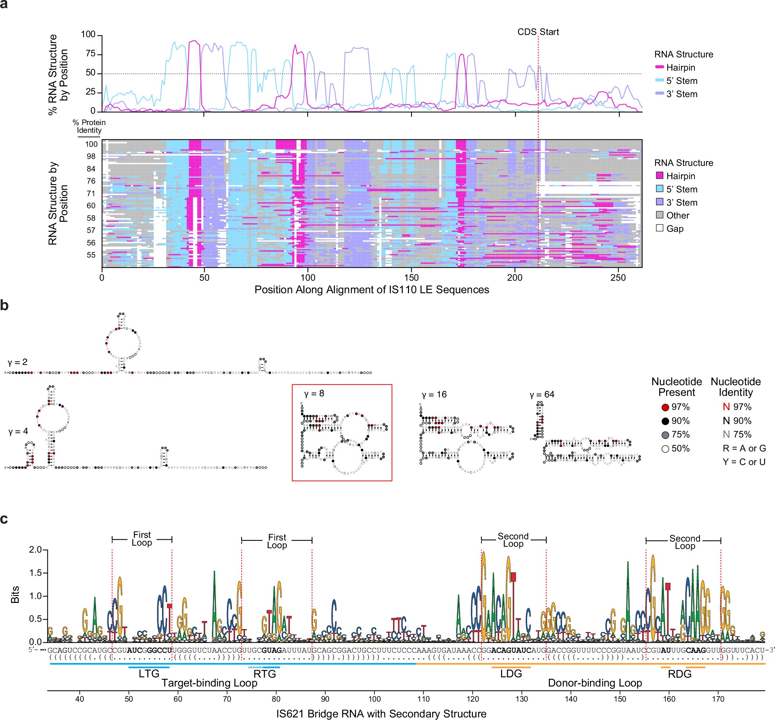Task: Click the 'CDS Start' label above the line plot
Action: click(538, 32)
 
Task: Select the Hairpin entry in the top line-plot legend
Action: click(680, 67)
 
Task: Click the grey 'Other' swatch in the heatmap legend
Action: click(660, 215)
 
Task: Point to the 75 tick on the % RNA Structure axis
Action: click(90, 54)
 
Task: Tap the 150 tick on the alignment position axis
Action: click(411, 278)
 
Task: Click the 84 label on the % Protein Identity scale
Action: click(91, 169)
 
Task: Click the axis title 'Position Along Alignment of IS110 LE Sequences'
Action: click(371, 290)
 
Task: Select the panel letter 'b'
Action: click(5, 305)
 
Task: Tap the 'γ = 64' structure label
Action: click(542, 394)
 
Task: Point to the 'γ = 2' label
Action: click(18, 362)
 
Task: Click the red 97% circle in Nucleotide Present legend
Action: click(665, 407)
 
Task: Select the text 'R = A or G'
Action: click(744, 448)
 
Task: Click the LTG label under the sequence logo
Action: click(149, 673)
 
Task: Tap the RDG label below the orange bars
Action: click(680, 674)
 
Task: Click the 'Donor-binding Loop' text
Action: click(595, 683)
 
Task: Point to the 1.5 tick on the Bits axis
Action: click(35, 573)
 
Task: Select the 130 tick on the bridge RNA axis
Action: click(522, 699)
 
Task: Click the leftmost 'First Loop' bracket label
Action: click(142, 539)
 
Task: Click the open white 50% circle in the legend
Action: click(665, 448)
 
